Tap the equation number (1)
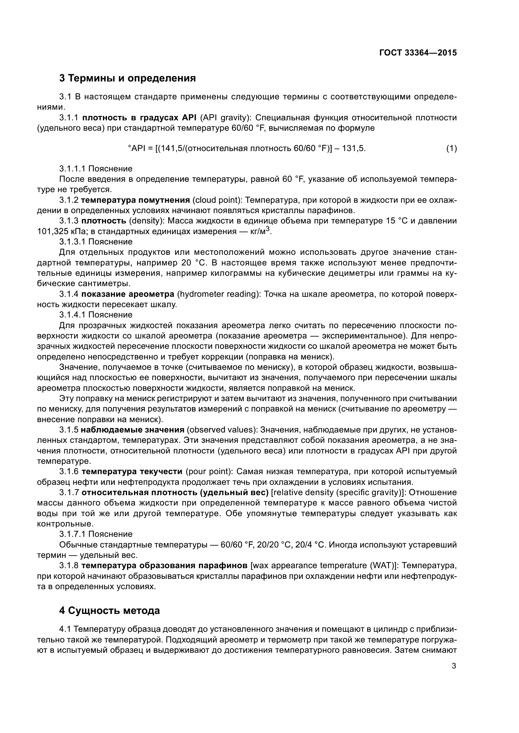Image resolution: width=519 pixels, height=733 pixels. pyautogui.click(x=451, y=149)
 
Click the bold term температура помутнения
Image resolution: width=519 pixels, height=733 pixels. pyautogui.click(x=135, y=200)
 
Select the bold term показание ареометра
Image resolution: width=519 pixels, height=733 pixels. pyautogui.click(x=127, y=294)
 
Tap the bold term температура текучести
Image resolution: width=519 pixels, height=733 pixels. pyautogui.click(x=132, y=472)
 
